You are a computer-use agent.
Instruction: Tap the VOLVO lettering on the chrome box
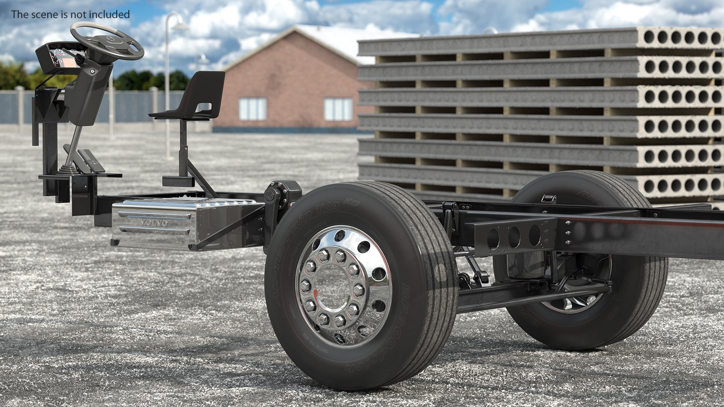154,223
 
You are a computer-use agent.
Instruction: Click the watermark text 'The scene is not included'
71,14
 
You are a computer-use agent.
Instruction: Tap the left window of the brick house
253,109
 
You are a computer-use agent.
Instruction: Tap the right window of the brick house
338,109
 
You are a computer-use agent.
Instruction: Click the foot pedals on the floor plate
90,160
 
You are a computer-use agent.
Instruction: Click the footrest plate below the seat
178,181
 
